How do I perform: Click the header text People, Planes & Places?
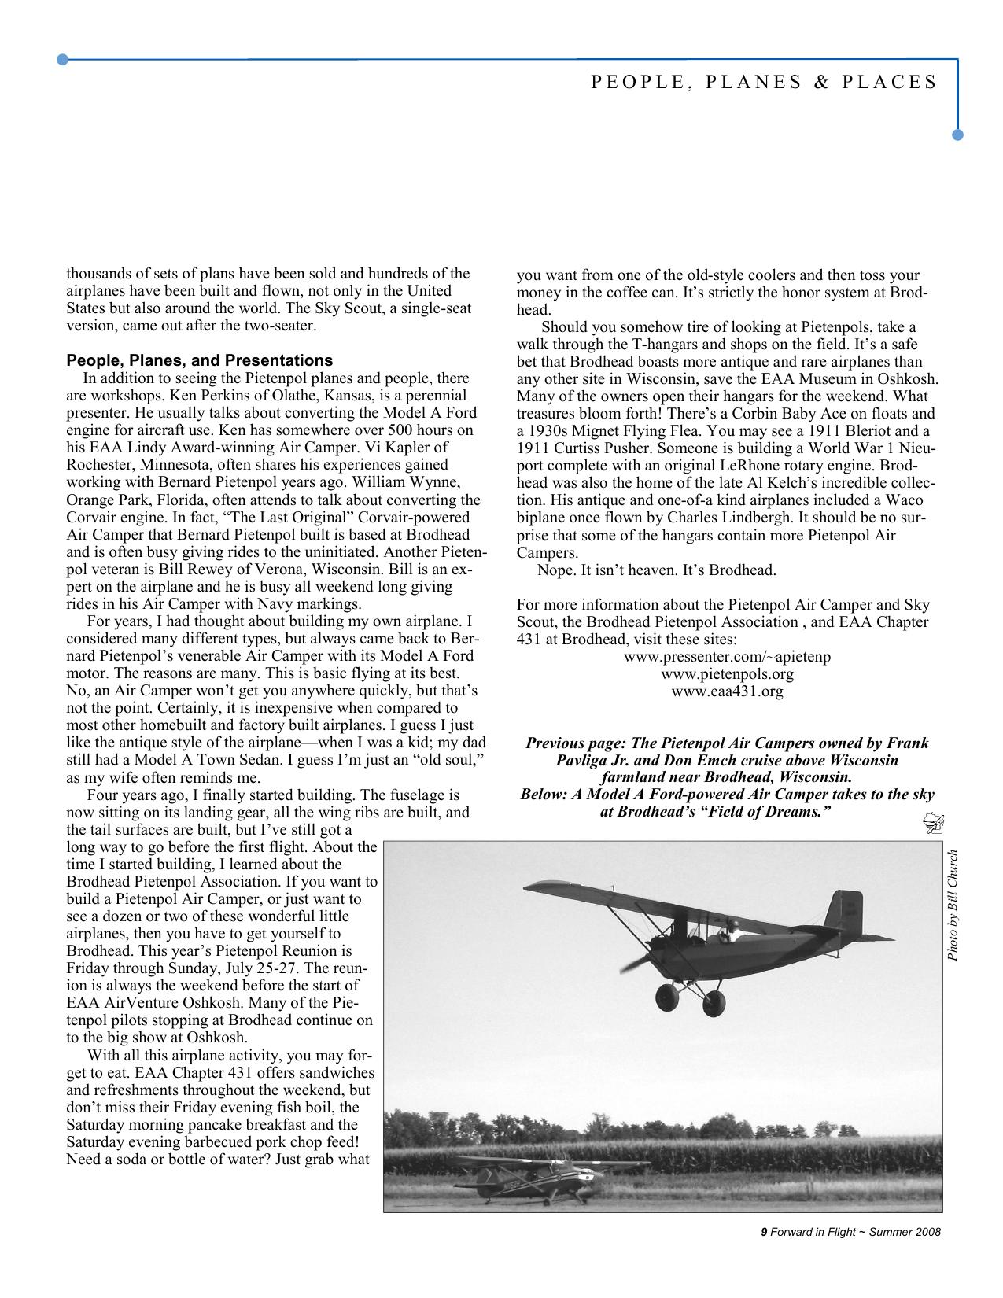[x=763, y=83]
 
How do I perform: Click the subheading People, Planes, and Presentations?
[x=199, y=361]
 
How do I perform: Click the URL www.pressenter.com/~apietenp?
[x=727, y=657]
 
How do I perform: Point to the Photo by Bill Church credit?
[x=953, y=905]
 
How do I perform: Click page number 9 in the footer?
[x=763, y=1233]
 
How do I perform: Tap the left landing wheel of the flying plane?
[x=667, y=999]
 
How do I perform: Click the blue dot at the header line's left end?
[x=62, y=59]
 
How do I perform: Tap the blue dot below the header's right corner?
[x=957, y=135]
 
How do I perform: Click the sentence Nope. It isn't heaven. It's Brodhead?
[x=657, y=570]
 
